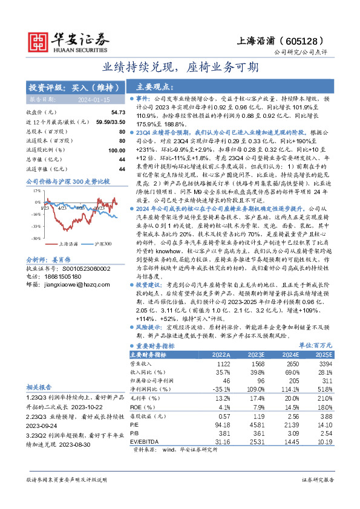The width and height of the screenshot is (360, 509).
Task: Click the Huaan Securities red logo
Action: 38,41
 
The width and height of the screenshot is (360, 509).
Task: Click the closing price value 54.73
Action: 117,112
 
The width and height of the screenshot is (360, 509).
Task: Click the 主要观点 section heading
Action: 155,87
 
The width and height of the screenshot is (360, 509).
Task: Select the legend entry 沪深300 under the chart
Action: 103,244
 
